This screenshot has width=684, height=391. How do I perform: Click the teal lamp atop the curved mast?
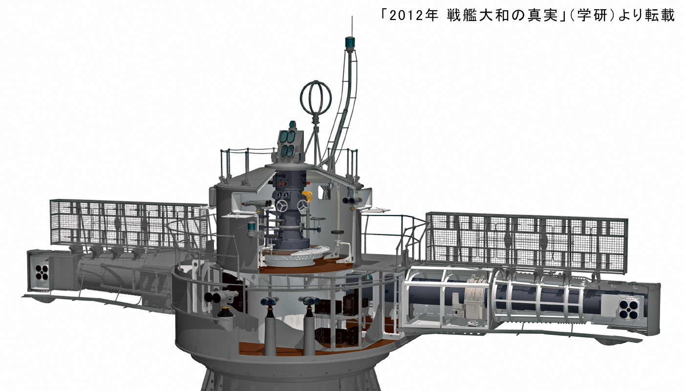(350, 43)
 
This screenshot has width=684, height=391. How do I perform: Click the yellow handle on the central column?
(307, 196)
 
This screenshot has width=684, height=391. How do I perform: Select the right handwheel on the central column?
(303, 206)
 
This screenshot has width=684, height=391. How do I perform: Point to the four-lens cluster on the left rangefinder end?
(42, 272)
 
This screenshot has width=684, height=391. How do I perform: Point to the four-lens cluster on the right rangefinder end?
(627, 309)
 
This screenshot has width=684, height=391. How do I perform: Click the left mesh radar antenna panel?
(128, 224)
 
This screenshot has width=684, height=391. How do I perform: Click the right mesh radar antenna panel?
(527, 242)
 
